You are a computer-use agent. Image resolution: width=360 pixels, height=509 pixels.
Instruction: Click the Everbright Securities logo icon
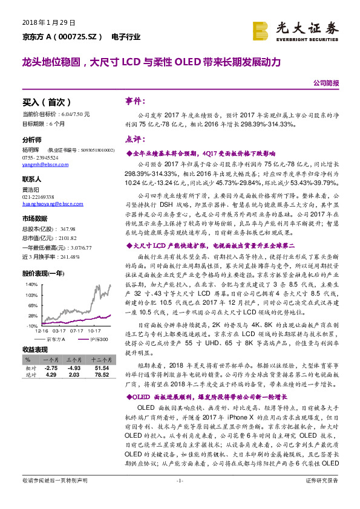tap(261, 30)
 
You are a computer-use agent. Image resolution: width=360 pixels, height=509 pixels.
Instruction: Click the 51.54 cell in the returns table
tap(101, 368)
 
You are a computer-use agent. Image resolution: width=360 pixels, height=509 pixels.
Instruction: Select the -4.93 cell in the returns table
tap(74, 368)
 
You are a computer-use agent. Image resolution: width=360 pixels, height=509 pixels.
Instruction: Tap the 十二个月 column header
tap(100, 360)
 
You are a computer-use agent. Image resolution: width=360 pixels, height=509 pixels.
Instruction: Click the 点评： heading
tap(134, 139)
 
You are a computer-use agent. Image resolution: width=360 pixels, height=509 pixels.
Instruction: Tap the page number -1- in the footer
tap(179, 497)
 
